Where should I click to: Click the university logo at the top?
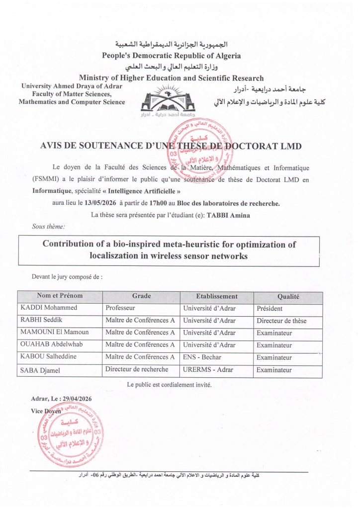click(167, 101)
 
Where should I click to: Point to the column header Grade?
click(141, 296)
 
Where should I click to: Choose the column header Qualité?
click(288, 296)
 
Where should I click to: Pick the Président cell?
click(270, 308)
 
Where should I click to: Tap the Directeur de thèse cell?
click(281, 321)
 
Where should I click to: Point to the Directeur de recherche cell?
click(137, 369)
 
